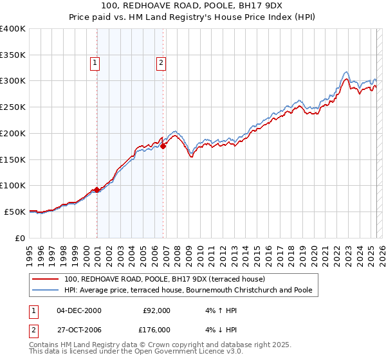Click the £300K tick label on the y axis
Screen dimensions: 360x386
click(x=13, y=81)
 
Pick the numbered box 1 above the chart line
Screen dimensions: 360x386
click(x=95, y=63)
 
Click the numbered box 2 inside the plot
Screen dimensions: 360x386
click(x=160, y=63)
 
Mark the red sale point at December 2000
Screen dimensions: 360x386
click(x=97, y=190)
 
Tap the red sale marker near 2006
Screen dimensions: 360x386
click(x=163, y=146)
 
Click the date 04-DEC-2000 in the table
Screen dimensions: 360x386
click(x=79, y=310)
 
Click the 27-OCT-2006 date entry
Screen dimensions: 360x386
click(x=79, y=329)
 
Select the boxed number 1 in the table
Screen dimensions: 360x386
click(x=33, y=310)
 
